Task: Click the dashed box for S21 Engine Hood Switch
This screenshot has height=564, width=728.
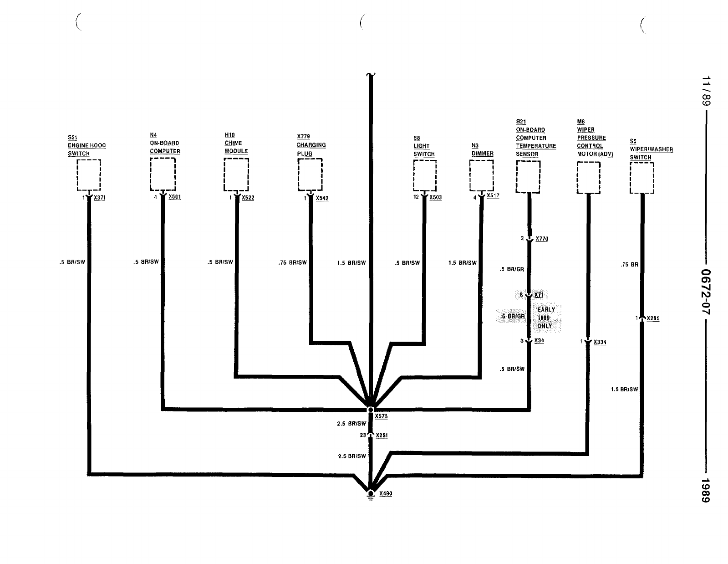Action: pyautogui.click(x=88, y=175)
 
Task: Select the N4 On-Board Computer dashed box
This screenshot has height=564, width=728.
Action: pyautogui.click(x=163, y=174)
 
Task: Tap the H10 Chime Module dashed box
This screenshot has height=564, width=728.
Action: pyautogui.click(x=236, y=174)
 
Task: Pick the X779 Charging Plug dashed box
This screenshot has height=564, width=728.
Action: pyautogui.click(x=310, y=174)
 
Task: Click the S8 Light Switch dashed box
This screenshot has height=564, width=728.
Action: pyautogui.click(x=424, y=175)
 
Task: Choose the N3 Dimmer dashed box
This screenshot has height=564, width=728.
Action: pyautogui.click(x=481, y=175)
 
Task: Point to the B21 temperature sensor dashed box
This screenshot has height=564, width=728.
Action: pyautogui.click(x=528, y=177)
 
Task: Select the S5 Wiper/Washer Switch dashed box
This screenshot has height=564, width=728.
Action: pyautogui.click(x=641, y=178)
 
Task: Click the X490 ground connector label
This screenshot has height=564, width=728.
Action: pyautogui.click(x=385, y=494)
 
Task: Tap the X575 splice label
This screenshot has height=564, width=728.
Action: pyautogui.click(x=381, y=416)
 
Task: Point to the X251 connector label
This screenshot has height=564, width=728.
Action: pyautogui.click(x=382, y=436)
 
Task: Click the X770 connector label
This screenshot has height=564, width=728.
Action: pyautogui.click(x=542, y=239)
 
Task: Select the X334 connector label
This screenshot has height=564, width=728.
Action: pyautogui.click(x=600, y=342)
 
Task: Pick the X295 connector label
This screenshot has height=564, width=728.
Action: pyautogui.click(x=653, y=318)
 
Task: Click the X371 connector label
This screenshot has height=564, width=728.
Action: pyautogui.click(x=99, y=198)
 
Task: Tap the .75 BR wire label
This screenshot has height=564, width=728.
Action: pyautogui.click(x=629, y=265)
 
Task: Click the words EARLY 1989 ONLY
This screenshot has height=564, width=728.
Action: pyautogui.click(x=545, y=318)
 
